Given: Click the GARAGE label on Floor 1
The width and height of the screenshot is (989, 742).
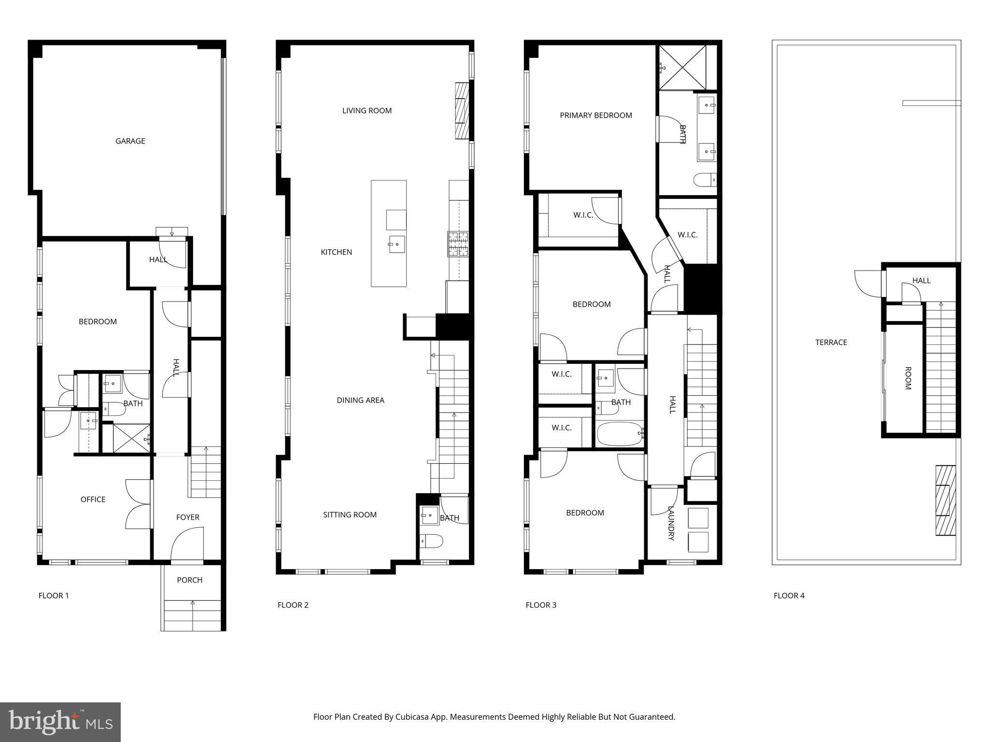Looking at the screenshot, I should (130, 141).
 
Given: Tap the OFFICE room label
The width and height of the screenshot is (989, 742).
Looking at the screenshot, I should (93, 499).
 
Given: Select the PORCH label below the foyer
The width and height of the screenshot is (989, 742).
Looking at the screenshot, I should (189, 580).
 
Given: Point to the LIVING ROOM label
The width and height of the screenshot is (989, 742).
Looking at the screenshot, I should (367, 111).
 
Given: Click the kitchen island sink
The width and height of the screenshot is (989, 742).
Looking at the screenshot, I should (396, 244).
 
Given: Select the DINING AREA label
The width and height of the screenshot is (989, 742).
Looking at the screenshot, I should (360, 400).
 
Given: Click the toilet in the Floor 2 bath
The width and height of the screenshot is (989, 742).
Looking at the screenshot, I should (431, 541).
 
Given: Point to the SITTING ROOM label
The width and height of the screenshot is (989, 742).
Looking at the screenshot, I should (350, 515).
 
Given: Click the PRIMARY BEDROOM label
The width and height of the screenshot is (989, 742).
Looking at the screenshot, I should (595, 115).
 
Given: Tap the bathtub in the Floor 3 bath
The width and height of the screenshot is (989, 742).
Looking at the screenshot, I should (620, 433).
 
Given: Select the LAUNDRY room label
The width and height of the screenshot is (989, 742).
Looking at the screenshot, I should (671, 523).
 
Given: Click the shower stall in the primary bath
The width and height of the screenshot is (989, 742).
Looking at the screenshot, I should (682, 68).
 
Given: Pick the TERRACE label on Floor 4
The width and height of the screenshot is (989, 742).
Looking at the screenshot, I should (831, 342).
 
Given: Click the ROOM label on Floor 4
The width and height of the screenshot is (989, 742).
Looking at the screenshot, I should (907, 378).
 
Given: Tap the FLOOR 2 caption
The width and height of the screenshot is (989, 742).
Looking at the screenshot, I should (293, 605).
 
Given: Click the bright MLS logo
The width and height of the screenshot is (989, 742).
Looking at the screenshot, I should (60, 722).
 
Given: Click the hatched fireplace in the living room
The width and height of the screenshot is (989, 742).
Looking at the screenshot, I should (462, 111).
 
